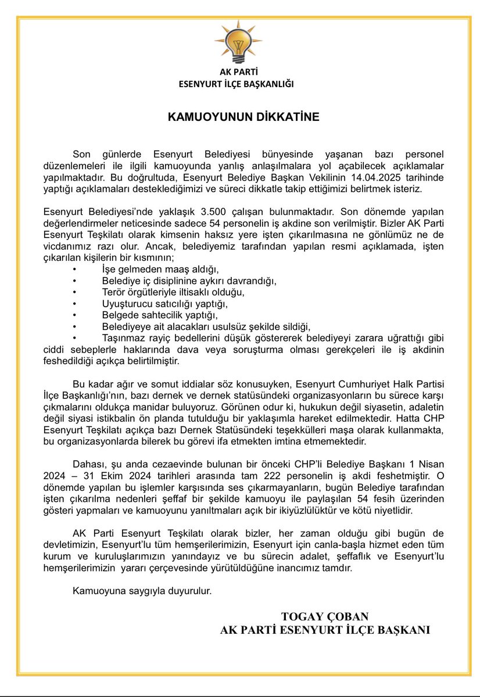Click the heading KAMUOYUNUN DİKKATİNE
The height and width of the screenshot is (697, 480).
pos(243,117)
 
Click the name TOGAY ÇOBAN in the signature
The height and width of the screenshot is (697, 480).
pos(325,616)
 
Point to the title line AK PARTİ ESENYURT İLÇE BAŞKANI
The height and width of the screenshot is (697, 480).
pos(325,630)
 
